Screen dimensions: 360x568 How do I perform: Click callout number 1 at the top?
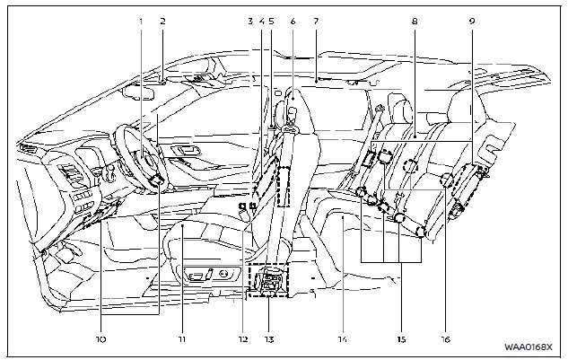tap(140, 19)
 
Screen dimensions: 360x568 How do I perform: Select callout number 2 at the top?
tap(162, 19)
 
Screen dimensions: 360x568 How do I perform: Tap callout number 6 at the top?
tap(293, 19)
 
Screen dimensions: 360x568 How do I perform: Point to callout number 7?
tap(317, 19)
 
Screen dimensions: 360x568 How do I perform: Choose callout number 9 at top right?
tap(473, 19)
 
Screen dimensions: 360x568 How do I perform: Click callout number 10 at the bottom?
tap(101, 339)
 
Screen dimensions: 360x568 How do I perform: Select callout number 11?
tap(181, 339)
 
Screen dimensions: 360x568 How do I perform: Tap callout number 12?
tap(241, 339)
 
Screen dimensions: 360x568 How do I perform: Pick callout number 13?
tap(269, 339)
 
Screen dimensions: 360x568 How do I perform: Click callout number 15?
tap(401, 339)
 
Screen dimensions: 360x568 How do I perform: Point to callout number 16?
tap(445, 339)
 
